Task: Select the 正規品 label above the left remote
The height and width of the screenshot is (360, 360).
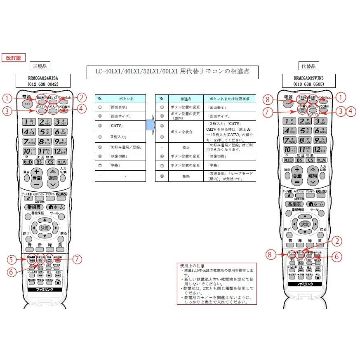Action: click(42, 66)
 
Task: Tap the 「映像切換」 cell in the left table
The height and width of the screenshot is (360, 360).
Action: click(125, 157)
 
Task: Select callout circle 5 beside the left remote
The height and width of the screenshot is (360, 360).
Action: click(11, 260)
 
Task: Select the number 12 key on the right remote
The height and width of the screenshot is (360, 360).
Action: click(319, 150)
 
